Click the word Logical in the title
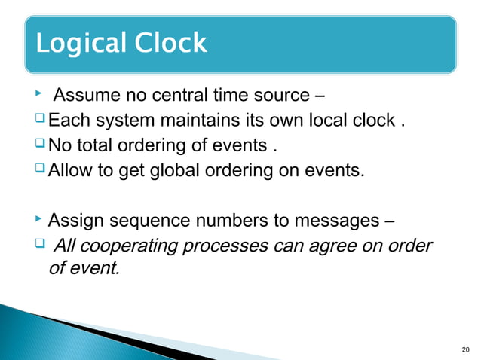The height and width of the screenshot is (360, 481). (81, 44)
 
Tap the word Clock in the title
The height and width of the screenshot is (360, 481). (170, 42)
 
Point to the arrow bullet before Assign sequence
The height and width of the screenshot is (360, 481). (39, 219)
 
